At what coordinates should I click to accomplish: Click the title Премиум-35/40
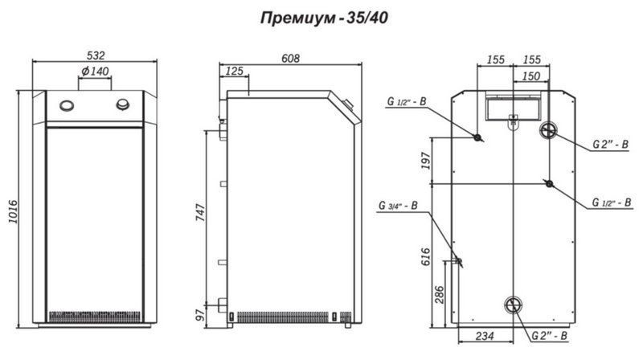[324, 18]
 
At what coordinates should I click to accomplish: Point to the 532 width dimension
[96, 55]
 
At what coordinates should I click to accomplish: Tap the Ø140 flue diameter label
[95, 71]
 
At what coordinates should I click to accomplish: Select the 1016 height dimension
[13, 211]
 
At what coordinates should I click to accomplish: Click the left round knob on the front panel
[67, 106]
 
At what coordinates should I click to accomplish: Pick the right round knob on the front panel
[123, 104]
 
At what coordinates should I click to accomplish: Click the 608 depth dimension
[290, 59]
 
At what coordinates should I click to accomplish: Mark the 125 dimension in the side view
[235, 72]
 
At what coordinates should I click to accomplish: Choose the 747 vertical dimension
[200, 213]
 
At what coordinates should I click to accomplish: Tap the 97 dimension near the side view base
[200, 315]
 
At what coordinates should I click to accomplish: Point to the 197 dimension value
[426, 161]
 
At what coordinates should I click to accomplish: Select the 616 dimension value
[426, 256]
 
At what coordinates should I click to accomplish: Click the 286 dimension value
[439, 295]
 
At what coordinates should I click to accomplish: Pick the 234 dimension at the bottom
[485, 336]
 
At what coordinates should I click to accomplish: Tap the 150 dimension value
[531, 76]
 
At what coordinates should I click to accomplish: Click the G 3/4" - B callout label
[398, 206]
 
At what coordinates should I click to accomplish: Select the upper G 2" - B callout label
[611, 145]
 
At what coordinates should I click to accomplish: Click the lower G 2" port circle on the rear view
[513, 305]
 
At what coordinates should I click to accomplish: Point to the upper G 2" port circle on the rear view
[548, 130]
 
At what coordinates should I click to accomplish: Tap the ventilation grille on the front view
[95, 317]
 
